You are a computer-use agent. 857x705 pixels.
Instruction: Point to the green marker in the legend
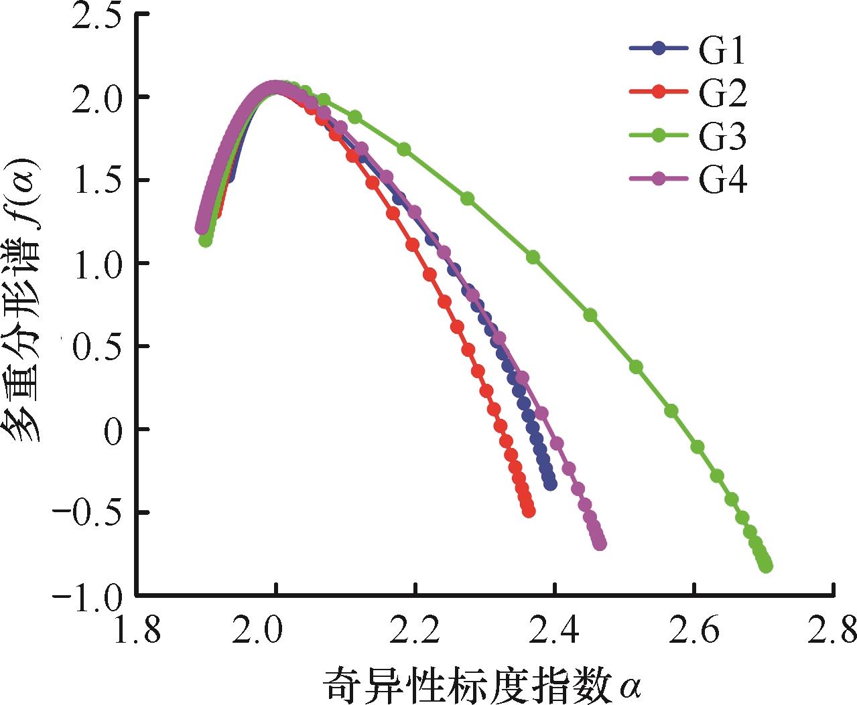[659, 135]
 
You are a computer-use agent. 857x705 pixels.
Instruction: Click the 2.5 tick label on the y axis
[96, 15]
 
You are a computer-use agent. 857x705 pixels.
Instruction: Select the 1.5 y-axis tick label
[96, 180]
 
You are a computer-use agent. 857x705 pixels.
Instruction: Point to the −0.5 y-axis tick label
[87, 512]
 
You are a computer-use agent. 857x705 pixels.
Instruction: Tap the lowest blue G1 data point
[551, 484]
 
